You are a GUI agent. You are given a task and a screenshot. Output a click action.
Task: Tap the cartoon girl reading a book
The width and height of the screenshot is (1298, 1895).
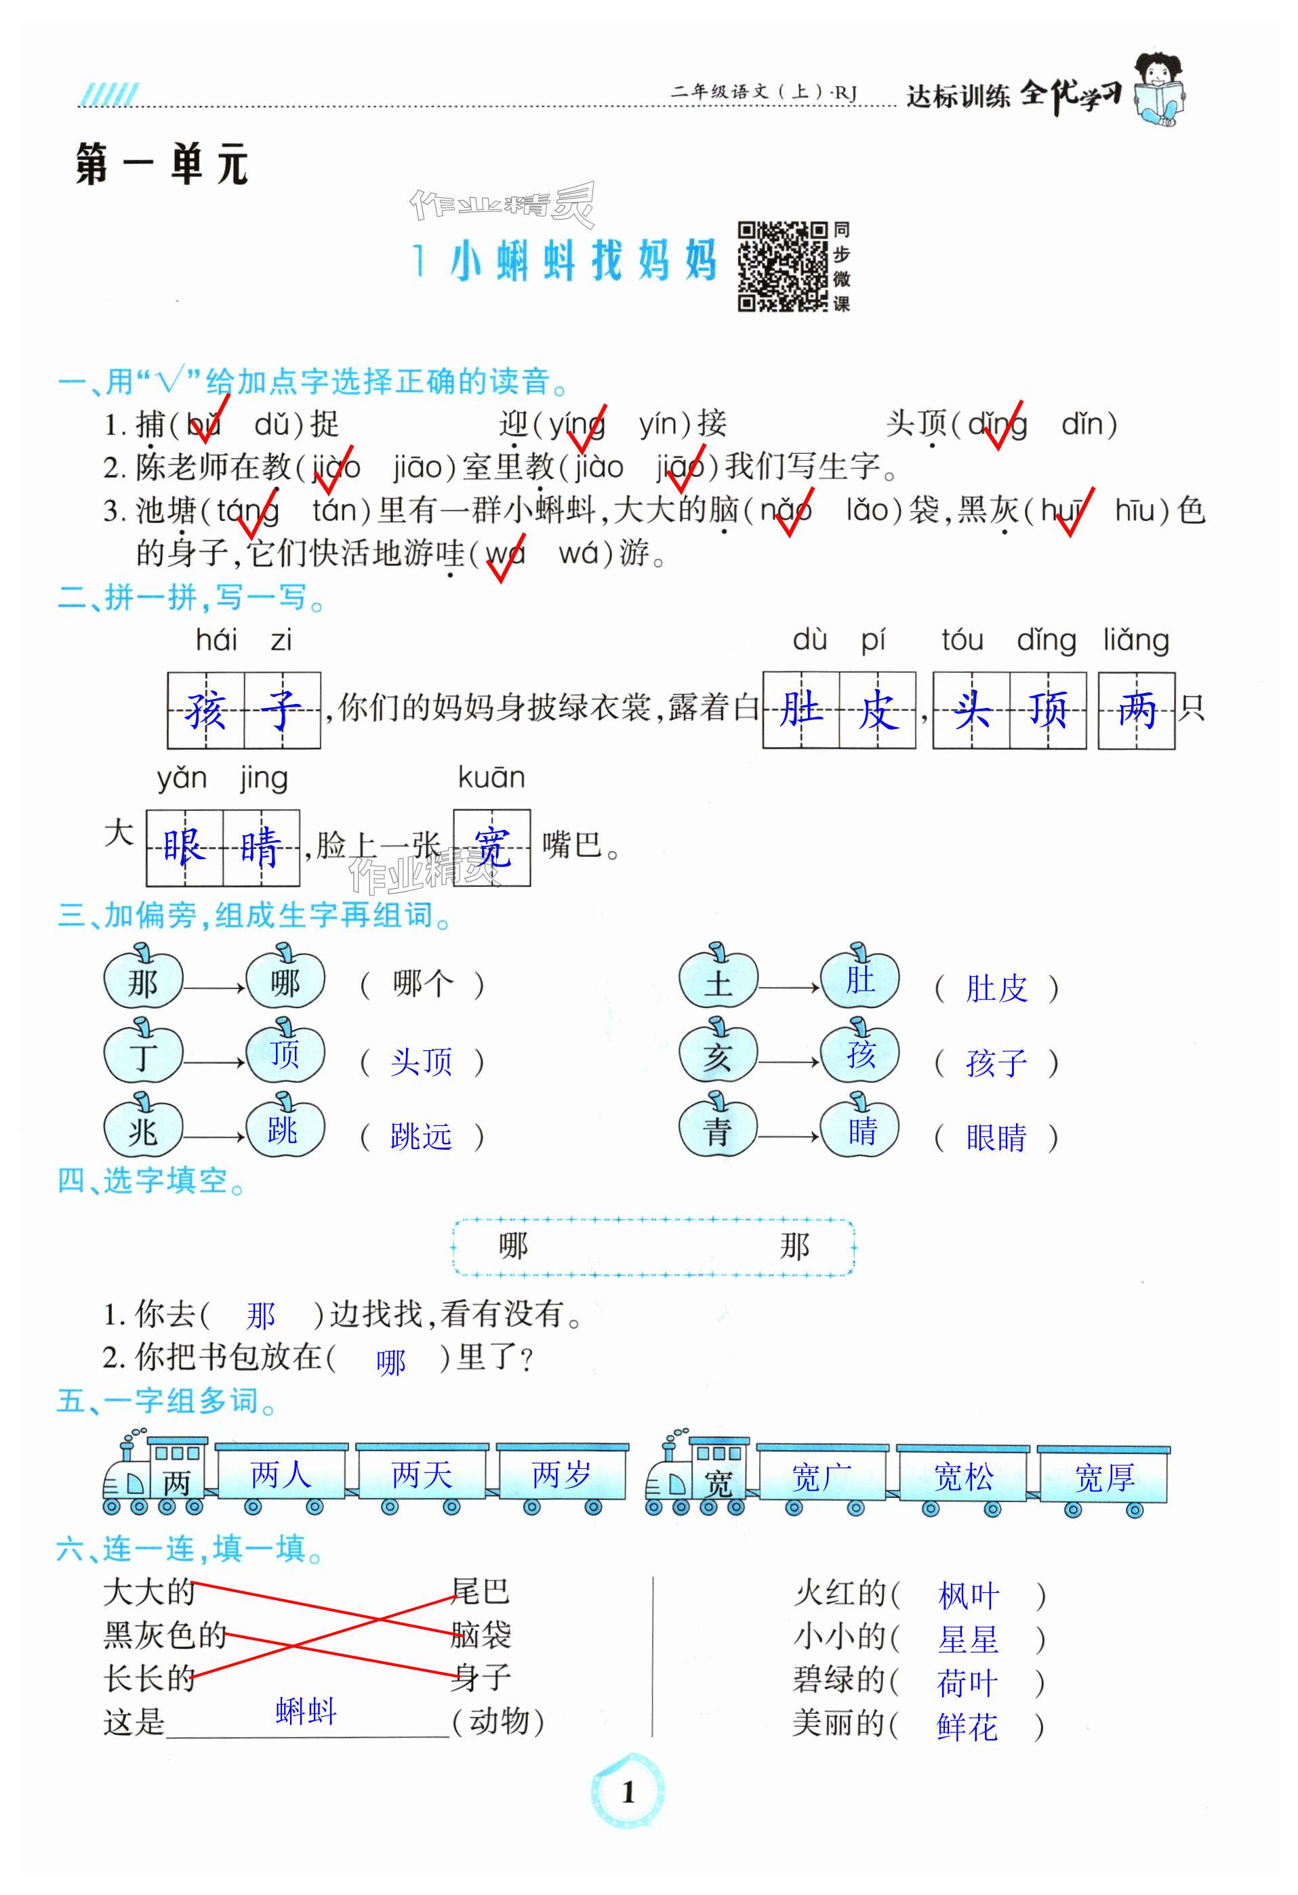[1158, 89]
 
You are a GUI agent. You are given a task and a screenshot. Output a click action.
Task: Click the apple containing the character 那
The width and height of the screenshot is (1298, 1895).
[143, 981]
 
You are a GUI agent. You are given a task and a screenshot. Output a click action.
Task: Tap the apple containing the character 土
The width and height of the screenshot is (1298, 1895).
[718, 981]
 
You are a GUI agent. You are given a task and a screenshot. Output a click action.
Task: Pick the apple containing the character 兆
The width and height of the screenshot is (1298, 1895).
[143, 1129]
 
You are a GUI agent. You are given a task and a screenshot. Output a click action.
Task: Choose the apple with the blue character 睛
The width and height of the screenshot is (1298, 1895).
[861, 1129]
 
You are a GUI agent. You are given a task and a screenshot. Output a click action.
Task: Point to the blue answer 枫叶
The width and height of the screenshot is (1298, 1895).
[969, 1596]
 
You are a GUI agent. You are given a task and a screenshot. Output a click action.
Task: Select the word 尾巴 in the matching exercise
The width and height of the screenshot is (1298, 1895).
[481, 1591]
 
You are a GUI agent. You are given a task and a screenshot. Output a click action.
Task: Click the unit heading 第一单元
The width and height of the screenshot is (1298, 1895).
[161, 165]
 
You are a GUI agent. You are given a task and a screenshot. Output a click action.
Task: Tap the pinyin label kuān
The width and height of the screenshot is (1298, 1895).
[491, 778]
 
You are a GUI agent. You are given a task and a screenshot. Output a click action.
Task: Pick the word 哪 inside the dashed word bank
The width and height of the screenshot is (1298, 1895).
[513, 1245]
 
